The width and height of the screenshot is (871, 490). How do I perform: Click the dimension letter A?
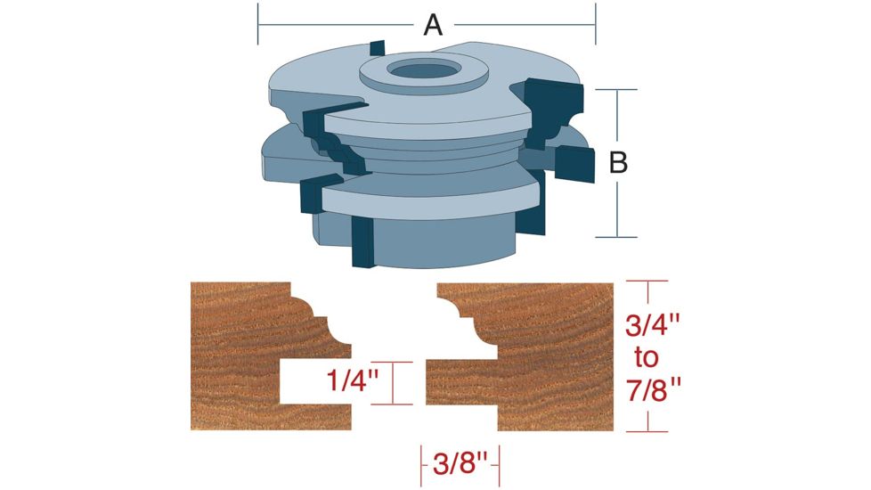[433, 25]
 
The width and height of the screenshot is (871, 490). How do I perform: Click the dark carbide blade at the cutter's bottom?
[362, 242]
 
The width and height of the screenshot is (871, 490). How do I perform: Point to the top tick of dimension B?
[615, 89]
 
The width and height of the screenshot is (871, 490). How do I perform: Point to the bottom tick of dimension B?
[615, 236]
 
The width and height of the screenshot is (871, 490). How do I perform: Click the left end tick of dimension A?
[258, 24]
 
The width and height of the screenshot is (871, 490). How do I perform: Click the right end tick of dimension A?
[595, 24]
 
